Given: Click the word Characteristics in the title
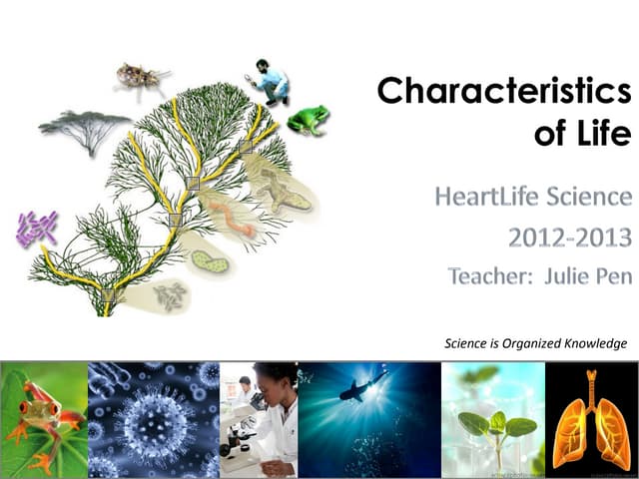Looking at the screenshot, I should pyautogui.click(x=504, y=91).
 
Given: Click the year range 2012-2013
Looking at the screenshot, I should pyautogui.click(x=570, y=238).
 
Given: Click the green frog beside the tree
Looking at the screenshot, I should pyautogui.click(x=307, y=120).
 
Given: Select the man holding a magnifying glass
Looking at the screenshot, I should pyautogui.click(x=271, y=82).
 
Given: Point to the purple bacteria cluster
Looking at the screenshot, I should pyautogui.click(x=37, y=229).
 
